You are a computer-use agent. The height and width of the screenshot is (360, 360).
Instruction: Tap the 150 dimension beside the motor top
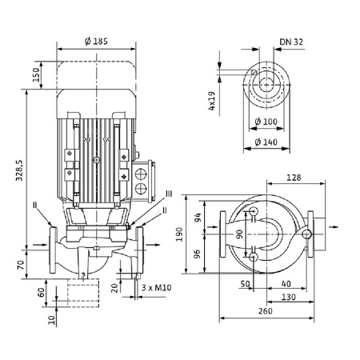(x=37, y=74)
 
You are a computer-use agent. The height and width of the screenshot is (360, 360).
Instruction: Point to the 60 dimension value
(x=42, y=291)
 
